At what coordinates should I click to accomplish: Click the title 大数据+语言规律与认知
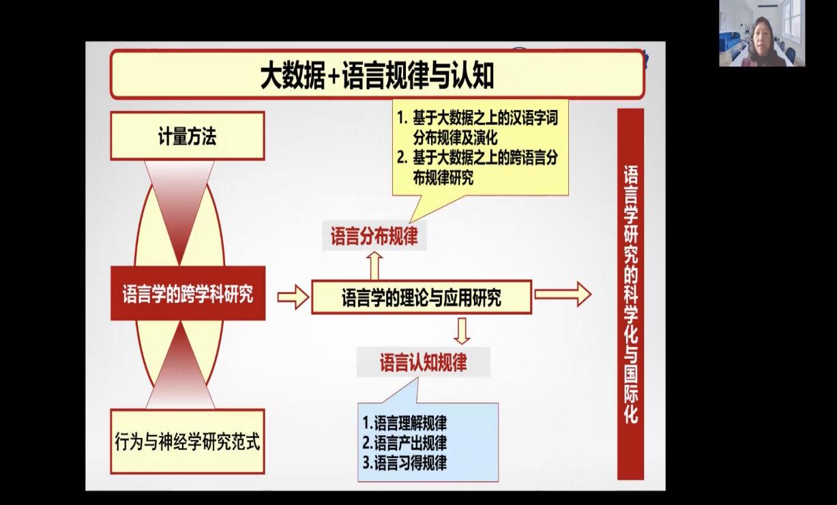pos(377,76)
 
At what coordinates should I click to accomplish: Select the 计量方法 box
pos(188,136)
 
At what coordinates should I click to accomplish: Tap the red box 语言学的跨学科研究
pos(188,293)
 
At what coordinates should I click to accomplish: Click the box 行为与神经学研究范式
pos(188,442)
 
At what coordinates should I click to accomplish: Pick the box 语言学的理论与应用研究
pos(422,297)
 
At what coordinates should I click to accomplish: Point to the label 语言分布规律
pos(374,236)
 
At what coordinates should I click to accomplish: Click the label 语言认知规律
pos(424,362)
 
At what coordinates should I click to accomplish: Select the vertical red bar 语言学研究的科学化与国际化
pos(631,294)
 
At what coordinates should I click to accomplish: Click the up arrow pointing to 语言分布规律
pos(375,265)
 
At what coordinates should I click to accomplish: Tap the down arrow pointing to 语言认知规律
pos(462,331)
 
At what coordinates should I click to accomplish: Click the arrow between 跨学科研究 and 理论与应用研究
pos(293,297)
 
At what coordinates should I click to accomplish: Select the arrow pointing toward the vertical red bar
pos(563,294)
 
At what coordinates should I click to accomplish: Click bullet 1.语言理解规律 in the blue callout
pos(405,423)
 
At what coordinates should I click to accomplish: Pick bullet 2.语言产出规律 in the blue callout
pos(405,443)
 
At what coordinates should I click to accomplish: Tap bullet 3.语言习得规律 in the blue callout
pos(405,463)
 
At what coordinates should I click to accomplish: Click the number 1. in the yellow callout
pos(402,118)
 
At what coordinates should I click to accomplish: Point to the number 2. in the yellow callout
pos(402,158)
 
